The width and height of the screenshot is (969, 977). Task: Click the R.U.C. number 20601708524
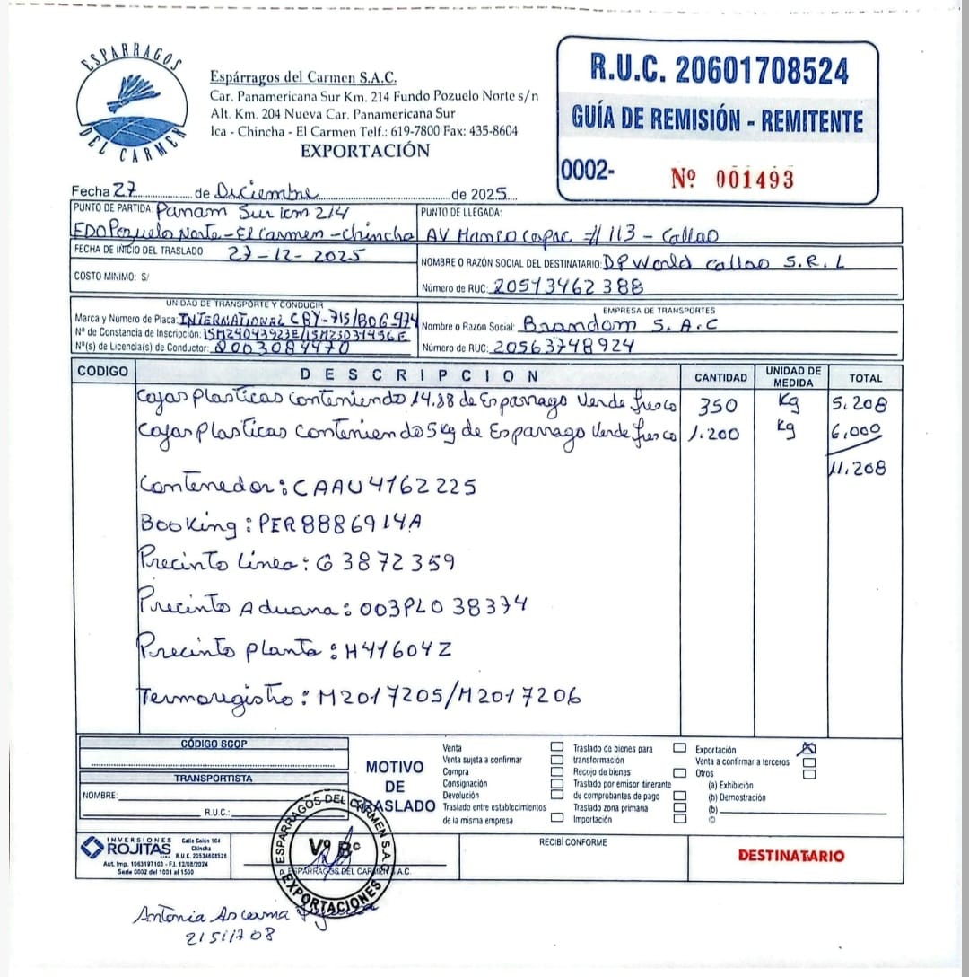(x=718, y=69)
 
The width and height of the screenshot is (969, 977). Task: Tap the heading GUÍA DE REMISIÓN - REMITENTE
(x=717, y=119)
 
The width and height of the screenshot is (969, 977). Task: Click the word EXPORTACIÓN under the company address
(x=365, y=151)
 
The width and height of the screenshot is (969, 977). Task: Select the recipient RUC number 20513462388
(x=568, y=286)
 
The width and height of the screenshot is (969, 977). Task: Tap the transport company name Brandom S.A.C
(x=619, y=324)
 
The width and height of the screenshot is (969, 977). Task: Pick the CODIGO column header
(x=103, y=371)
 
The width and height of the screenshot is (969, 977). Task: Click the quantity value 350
(x=717, y=406)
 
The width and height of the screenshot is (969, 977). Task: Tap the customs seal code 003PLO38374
(x=442, y=607)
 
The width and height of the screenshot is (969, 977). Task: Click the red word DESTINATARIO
(x=790, y=855)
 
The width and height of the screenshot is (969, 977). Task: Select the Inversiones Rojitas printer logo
(x=126, y=846)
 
